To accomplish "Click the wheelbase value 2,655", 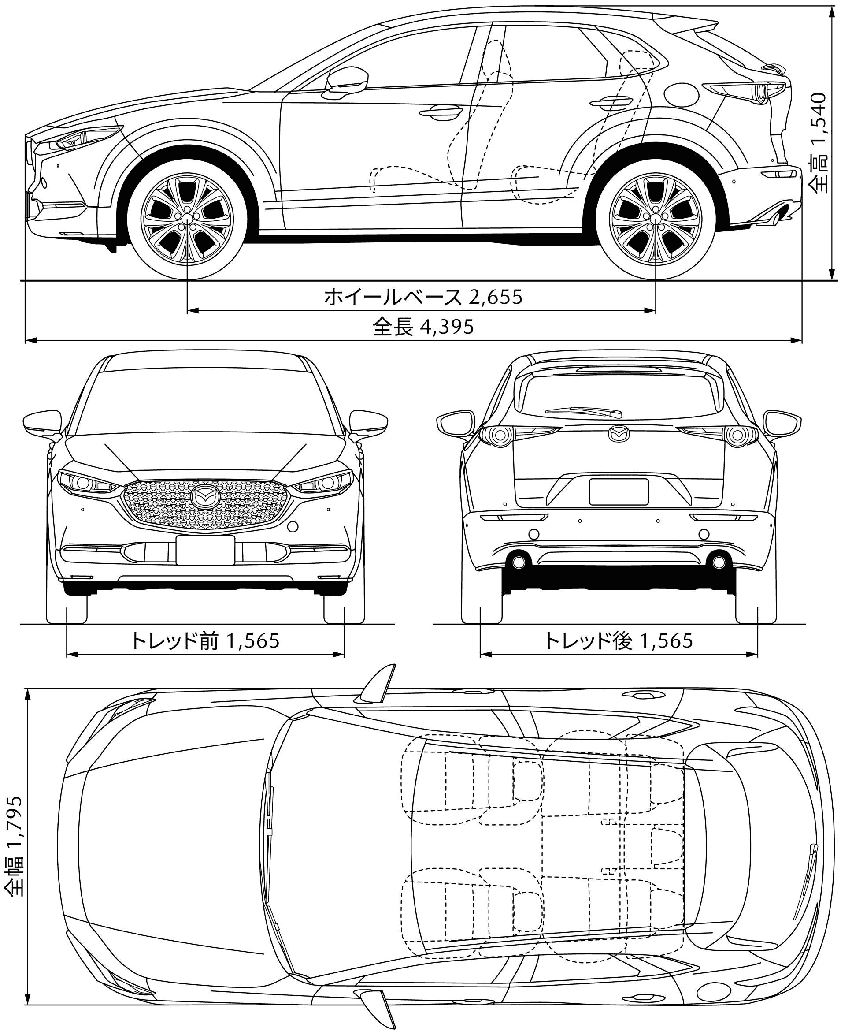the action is [495, 296].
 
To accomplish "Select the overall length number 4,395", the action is [447, 327].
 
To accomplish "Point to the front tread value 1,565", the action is [252, 640].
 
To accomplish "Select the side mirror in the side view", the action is [347, 80].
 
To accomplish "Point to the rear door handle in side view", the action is [611, 101].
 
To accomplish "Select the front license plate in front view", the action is [205, 550].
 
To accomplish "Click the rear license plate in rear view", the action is [619, 491].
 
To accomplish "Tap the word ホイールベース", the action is [393, 297].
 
